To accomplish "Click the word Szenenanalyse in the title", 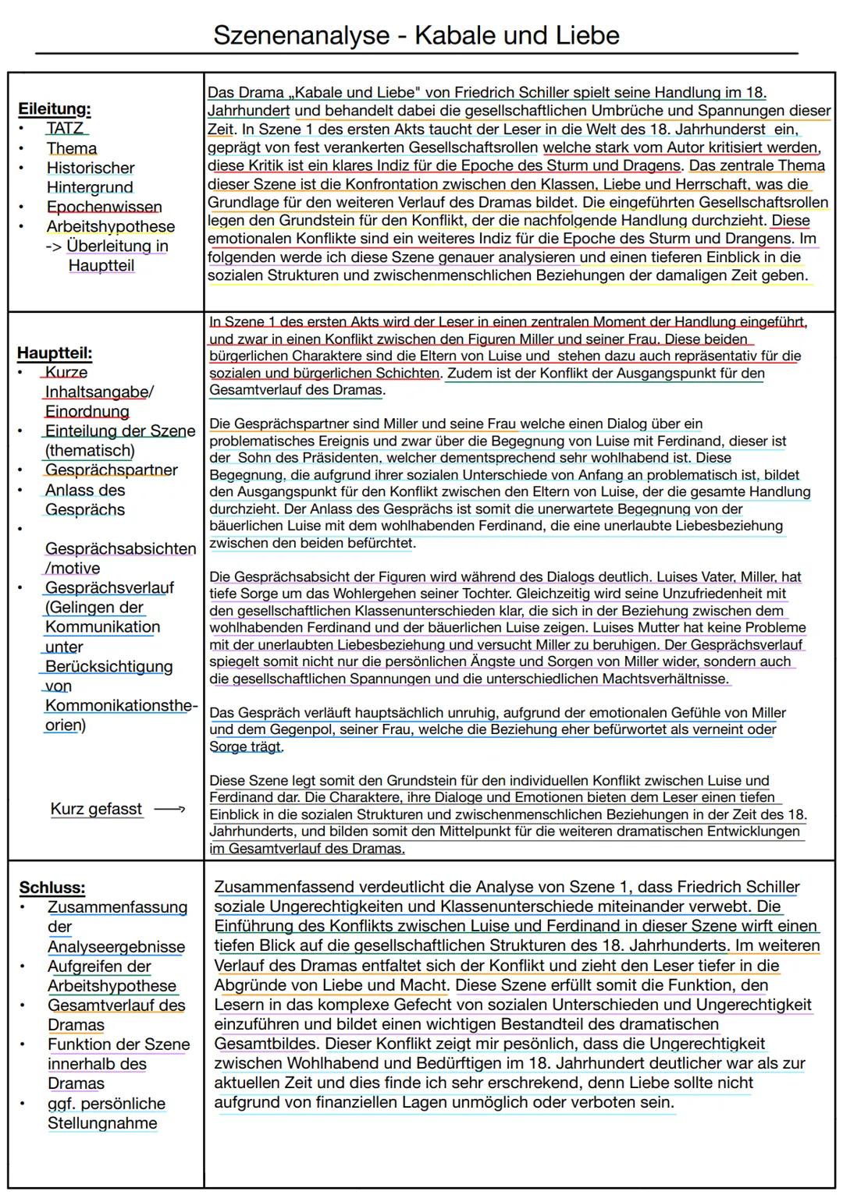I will point(301,35).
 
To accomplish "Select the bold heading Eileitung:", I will point(54,108).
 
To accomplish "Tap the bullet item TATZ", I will point(65,128).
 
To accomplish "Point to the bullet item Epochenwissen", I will point(104,207).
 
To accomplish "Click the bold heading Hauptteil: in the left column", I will point(55,353).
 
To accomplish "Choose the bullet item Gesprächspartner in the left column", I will point(111,470).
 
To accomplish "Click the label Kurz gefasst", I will point(96,809).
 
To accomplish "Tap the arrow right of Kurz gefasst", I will point(169,810).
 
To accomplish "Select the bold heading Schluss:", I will point(52,888).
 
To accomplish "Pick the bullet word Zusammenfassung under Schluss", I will point(117,907).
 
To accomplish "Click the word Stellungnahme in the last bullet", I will point(102,1123).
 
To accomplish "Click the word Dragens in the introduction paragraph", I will point(652,165).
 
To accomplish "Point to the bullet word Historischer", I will point(91,168).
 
